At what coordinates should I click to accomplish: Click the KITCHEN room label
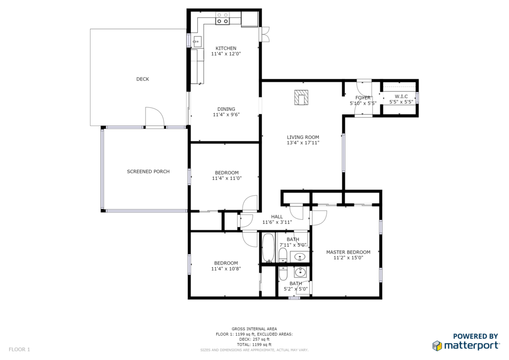pos(226,48)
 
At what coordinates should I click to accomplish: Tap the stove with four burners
pos(222,18)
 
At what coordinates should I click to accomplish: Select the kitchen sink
pos(197,42)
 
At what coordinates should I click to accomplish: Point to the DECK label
pos(143,79)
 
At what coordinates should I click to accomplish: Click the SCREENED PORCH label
pos(148,172)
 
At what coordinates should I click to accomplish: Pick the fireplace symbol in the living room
pos(301,97)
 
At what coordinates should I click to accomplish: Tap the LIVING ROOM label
pos(303,137)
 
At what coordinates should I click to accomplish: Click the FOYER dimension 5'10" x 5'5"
pos(363,103)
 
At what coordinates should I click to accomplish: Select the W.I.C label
pos(401,96)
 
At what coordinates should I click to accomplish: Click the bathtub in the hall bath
pos(268,248)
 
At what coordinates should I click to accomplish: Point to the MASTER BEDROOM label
pos(348,252)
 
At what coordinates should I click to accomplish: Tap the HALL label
pos(277,216)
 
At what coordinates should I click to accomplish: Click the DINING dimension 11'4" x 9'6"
pos(226,114)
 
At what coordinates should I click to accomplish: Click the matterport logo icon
pos(437,346)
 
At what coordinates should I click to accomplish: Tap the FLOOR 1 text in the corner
pos(19,349)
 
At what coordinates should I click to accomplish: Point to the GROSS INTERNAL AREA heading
pos(254,329)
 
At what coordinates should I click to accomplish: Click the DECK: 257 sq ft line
pos(254,339)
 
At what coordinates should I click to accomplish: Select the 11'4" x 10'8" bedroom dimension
pos(226,269)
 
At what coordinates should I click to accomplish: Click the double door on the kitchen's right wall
pos(265,34)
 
